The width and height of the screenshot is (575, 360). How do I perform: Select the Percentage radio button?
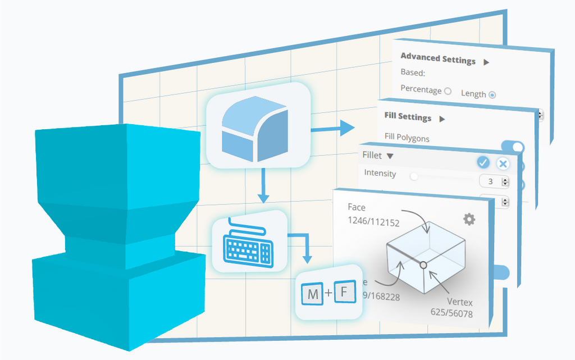448,91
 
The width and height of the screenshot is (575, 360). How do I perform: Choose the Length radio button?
492,95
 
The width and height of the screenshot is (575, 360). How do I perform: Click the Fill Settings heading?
408,117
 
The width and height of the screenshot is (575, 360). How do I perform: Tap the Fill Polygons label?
407,138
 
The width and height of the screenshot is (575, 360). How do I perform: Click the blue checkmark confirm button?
483,162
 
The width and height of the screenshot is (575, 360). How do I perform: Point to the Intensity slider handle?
414,176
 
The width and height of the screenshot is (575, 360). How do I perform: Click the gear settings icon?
469,219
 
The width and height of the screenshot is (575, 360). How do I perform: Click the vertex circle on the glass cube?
423,265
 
